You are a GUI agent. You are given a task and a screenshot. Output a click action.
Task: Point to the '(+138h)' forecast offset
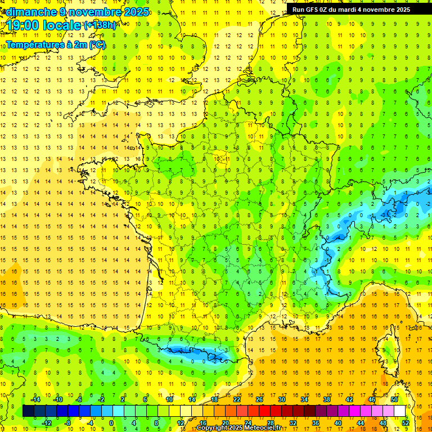[x=100, y=25]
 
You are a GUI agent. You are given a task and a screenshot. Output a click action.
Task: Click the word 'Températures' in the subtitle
[x=33, y=44]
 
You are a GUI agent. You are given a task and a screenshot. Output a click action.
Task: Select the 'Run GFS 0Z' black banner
[x=358, y=9]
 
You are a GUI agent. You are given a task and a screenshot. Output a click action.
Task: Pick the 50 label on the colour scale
[x=394, y=399]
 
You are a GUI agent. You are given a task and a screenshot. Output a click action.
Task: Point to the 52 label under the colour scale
[x=406, y=423]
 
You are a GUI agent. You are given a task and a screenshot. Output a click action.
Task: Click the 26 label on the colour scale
[x=259, y=399]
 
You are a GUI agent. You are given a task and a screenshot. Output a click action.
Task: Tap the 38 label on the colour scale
[x=327, y=399]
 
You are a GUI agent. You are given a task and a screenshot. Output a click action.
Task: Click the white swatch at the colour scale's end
[x=400, y=411]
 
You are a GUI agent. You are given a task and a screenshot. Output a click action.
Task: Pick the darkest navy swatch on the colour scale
[x=29, y=411]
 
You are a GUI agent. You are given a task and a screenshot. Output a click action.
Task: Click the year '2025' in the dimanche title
[x=136, y=11]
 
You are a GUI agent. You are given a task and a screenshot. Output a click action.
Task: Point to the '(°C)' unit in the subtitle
[x=97, y=44]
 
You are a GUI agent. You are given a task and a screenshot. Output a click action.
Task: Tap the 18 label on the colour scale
[x=214, y=399]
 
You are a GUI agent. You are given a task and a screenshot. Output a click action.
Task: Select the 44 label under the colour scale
[x=361, y=423]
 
